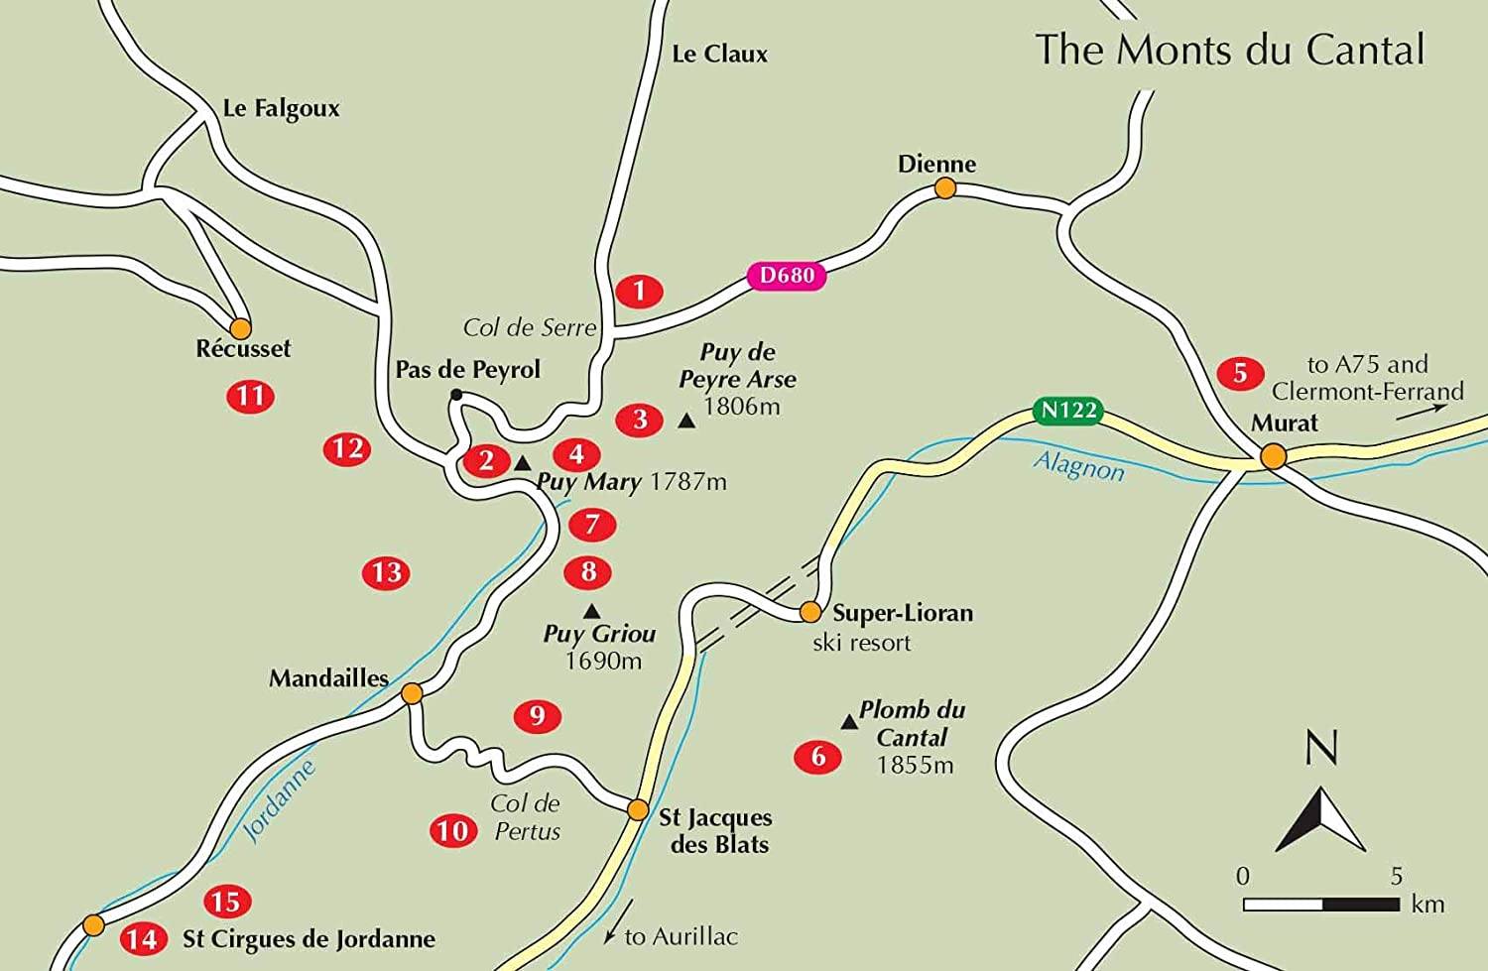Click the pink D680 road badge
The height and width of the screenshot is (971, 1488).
point(787,276)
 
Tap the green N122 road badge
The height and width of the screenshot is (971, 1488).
point(1067,410)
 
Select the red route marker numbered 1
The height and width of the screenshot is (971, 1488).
point(639,291)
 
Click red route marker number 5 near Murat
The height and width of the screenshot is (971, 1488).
point(1240,373)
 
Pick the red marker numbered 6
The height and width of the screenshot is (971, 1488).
point(818,757)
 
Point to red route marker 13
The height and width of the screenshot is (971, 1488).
point(386,572)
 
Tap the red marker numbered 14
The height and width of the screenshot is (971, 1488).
point(142,938)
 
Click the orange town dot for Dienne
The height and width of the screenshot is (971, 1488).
point(945,187)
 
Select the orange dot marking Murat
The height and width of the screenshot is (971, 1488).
point(1273,456)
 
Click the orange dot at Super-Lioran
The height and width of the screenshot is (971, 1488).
point(810,611)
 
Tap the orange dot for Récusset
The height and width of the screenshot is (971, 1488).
point(240,328)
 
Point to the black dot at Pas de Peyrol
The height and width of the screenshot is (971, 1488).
point(456,395)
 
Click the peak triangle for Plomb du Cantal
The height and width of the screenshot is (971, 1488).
point(849,722)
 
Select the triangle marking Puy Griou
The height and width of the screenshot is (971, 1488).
point(591,611)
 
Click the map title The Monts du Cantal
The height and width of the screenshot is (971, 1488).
point(1230,50)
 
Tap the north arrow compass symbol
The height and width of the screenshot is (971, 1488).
point(1320,818)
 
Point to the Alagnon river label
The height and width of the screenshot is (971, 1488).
point(1078,465)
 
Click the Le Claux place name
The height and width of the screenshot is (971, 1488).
point(719,54)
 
